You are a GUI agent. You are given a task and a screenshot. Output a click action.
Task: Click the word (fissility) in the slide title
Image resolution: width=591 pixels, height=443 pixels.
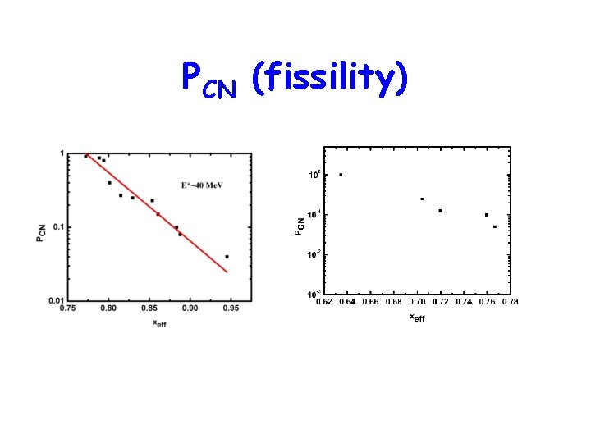(x=330, y=80)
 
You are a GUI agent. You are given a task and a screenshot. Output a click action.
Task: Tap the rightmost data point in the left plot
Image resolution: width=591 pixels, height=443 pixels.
(x=227, y=257)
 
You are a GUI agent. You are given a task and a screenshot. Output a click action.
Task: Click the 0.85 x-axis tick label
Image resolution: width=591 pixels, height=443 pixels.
(x=149, y=309)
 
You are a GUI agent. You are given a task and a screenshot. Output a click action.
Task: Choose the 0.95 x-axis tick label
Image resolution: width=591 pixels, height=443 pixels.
(x=231, y=309)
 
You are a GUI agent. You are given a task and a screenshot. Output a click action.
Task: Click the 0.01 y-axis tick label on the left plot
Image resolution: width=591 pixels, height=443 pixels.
(x=57, y=301)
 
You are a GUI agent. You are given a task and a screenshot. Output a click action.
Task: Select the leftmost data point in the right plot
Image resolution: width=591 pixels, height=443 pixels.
(x=341, y=175)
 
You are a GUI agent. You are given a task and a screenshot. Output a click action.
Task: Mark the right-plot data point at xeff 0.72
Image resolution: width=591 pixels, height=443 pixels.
(x=440, y=211)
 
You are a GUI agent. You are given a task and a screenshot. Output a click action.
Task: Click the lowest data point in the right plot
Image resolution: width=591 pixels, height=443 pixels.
(x=495, y=226)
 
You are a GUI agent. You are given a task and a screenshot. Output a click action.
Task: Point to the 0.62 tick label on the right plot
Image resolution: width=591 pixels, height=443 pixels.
(x=325, y=302)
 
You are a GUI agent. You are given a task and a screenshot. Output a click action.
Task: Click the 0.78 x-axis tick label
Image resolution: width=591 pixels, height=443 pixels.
(x=511, y=302)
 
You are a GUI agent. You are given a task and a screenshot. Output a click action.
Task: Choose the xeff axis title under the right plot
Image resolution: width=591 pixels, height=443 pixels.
(x=417, y=317)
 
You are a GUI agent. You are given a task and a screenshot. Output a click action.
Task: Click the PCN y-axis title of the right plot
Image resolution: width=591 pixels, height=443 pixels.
(x=300, y=221)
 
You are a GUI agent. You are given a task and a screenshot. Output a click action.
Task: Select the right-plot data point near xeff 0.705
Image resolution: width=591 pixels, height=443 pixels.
(x=422, y=199)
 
